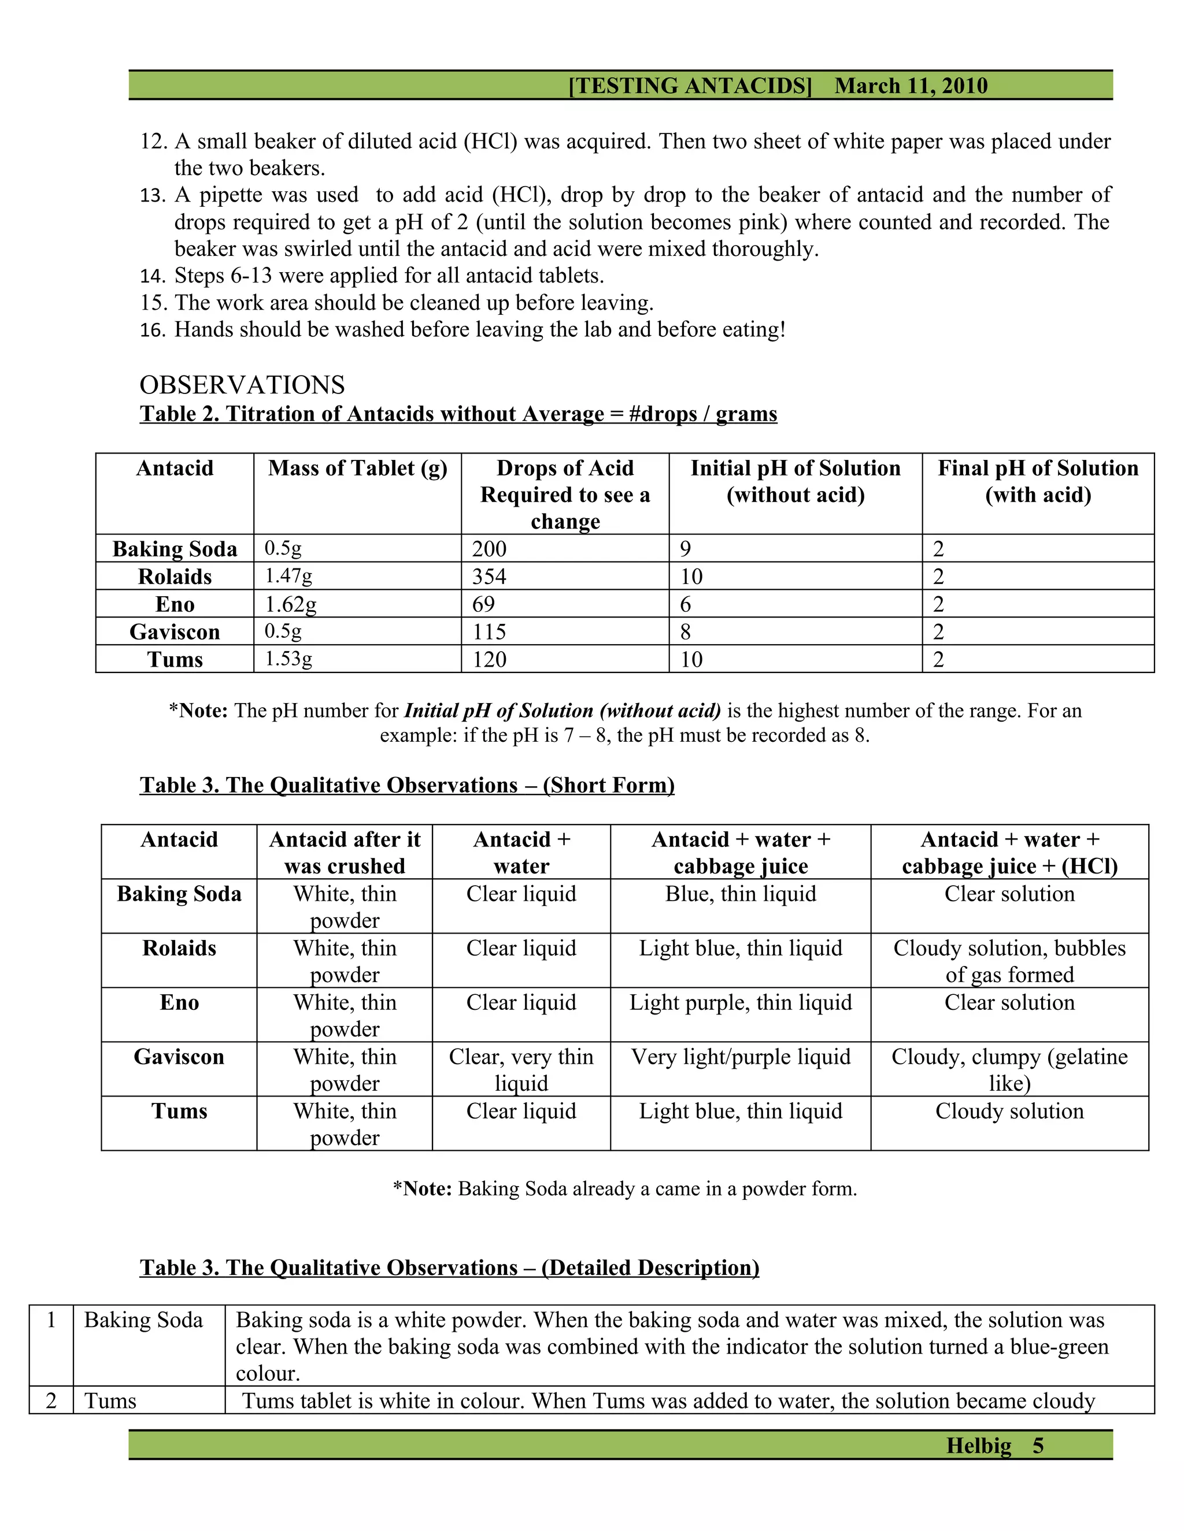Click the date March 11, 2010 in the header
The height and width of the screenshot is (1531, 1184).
(911, 86)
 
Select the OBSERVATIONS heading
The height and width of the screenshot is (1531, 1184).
(242, 385)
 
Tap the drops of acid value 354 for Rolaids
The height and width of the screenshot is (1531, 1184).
(489, 576)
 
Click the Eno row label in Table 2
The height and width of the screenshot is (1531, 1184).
(175, 604)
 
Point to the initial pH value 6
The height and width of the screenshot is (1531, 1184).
(685, 604)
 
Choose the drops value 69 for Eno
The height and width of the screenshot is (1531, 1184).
(483, 604)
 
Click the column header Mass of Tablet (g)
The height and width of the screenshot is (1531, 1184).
(357, 469)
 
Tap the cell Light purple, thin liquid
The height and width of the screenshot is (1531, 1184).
(740, 1002)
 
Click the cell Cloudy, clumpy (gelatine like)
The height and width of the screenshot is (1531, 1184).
(1009, 1070)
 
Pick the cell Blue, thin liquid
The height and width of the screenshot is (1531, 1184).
(740, 894)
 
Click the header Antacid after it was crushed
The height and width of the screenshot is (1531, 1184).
(345, 852)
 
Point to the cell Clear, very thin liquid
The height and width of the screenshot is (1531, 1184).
(521, 1070)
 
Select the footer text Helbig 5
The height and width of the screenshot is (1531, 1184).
(994, 1445)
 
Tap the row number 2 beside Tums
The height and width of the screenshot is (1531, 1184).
(51, 1400)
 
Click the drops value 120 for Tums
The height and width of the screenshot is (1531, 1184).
(489, 659)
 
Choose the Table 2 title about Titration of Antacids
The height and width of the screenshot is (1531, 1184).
(458, 414)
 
